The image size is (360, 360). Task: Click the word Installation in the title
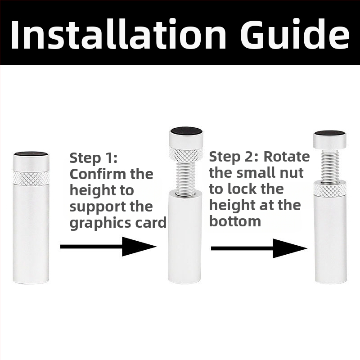coord(118,34)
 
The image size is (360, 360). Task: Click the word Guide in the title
coord(295,34)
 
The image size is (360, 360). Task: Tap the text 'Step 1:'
coord(94,158)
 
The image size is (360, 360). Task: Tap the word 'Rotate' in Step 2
coord(287,157)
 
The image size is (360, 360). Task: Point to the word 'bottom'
coord(235,221)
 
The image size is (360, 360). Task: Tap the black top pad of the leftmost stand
coord(31,153)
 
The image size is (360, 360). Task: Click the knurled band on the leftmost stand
coord(31,178)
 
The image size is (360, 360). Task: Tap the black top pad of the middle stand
coord(186,130)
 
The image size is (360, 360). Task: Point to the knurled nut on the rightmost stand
coord(330,189)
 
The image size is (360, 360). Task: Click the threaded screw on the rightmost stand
coord(330,166)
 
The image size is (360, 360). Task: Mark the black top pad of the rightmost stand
coord(330,133)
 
